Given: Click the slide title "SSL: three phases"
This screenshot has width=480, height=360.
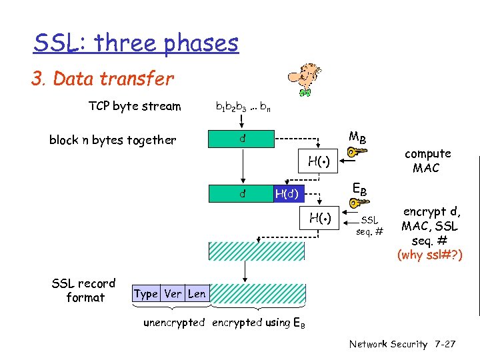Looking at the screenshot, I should (136, 43).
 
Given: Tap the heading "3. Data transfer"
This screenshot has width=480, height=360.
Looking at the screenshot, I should (102, 79).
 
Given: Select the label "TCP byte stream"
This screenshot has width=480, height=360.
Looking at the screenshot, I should (134, 106).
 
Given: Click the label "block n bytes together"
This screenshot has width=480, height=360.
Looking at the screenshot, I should (113, 140).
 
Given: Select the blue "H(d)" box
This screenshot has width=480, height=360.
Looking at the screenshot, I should (289, 194).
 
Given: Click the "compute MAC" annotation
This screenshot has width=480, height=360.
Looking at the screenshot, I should (427, 161).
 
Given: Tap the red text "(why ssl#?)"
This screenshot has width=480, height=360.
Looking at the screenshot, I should (429, 254).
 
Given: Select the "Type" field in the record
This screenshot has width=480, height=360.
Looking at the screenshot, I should (145, 293).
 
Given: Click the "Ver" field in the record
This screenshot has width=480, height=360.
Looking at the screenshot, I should (173, 293).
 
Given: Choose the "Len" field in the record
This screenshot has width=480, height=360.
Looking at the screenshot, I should (197, 293).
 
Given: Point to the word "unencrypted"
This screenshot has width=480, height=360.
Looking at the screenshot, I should (174, 323).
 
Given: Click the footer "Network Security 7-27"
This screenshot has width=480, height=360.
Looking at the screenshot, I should (402, 344).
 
